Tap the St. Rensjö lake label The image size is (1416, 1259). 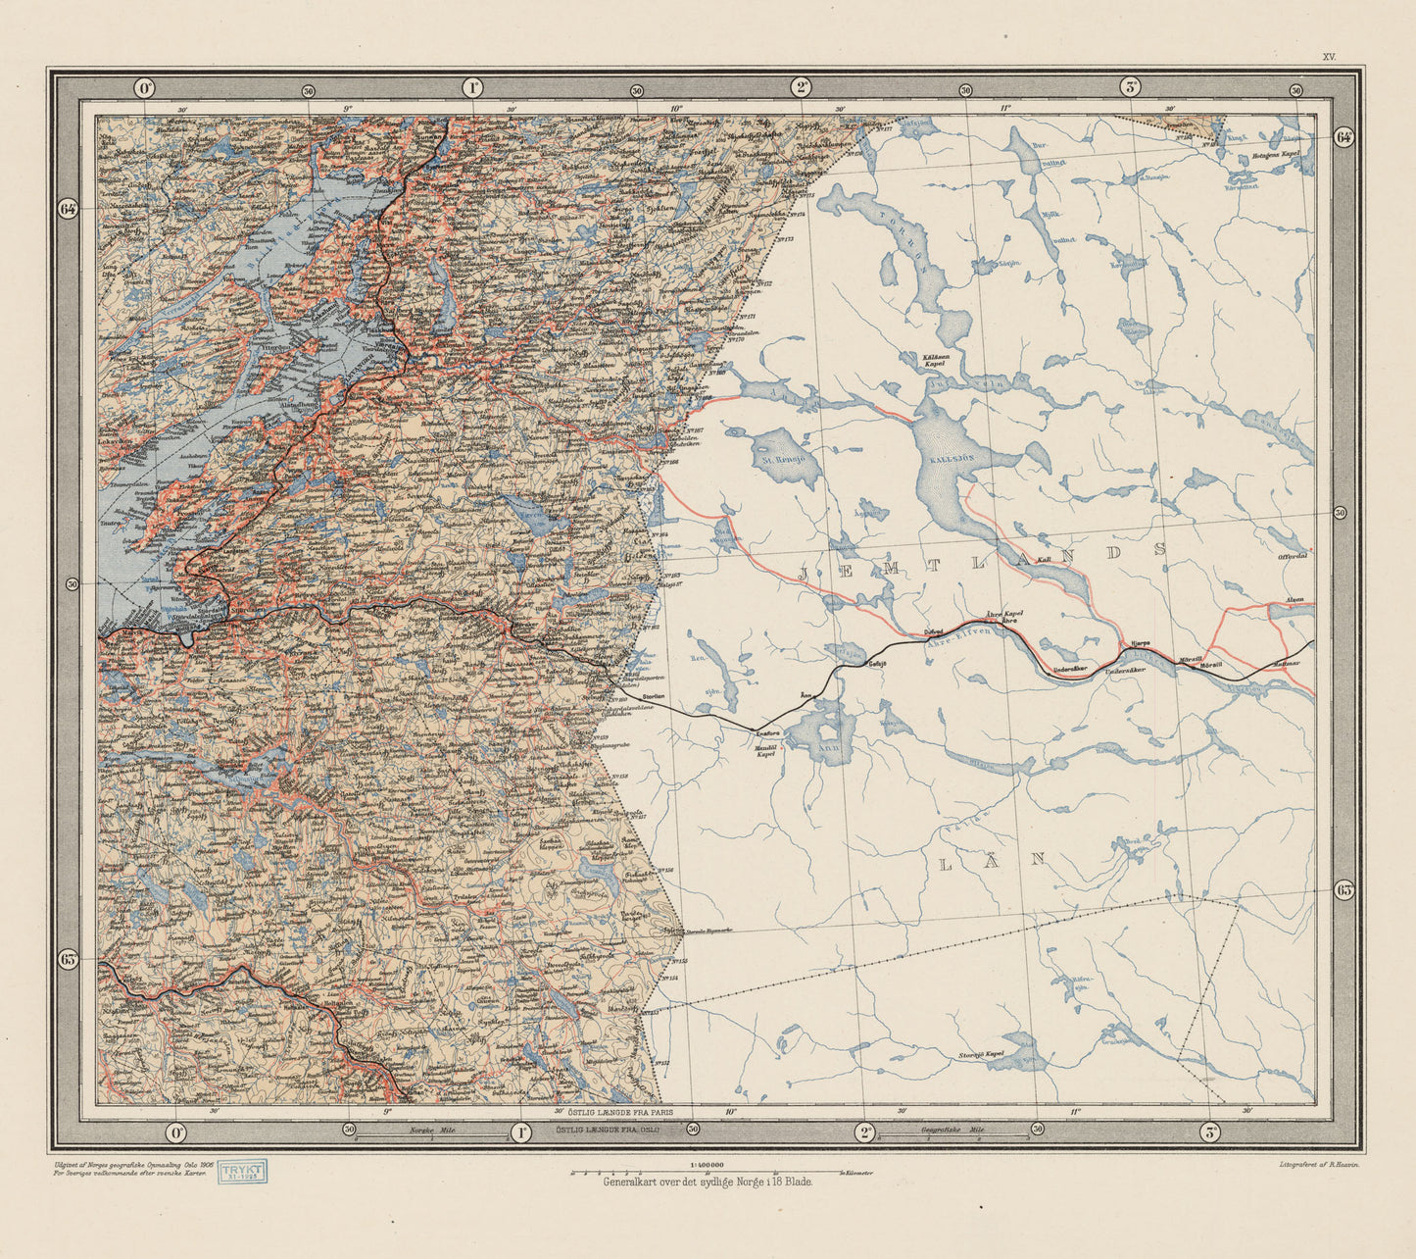(783, 457)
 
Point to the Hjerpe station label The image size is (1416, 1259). (1140, 643)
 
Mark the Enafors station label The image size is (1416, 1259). (768, 730)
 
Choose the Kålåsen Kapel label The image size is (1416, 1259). (933, 360)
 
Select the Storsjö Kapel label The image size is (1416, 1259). (982, 1055)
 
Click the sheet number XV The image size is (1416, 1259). (1329, 58)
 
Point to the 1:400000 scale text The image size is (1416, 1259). (708, 1164)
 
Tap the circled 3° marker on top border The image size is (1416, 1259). (1130, 87)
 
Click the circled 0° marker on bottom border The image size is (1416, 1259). (175, 1133)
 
